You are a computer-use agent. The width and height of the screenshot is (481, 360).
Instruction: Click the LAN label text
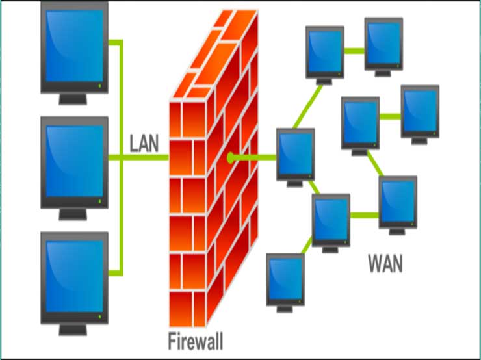coord(144,143)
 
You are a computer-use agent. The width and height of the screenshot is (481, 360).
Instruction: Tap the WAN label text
coord(385,264)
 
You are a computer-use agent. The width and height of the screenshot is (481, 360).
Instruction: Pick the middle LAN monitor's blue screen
coord(73,160)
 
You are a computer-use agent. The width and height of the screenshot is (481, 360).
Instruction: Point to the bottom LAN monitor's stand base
coord(73,330)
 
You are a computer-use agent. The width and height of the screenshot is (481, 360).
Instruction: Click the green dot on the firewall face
coord(230,157)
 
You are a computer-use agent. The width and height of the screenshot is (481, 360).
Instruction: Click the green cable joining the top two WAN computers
coord(354,49)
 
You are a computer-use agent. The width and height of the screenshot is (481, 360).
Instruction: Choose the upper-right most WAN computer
coord(420,111)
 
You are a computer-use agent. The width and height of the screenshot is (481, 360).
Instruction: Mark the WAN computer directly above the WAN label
coord(397,201)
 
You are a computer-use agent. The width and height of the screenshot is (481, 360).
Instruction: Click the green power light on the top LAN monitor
coord(99,85)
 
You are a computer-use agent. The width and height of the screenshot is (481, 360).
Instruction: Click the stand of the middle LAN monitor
coord(73,214)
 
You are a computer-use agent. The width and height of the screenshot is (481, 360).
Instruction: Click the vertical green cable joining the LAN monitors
coord(121,156)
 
